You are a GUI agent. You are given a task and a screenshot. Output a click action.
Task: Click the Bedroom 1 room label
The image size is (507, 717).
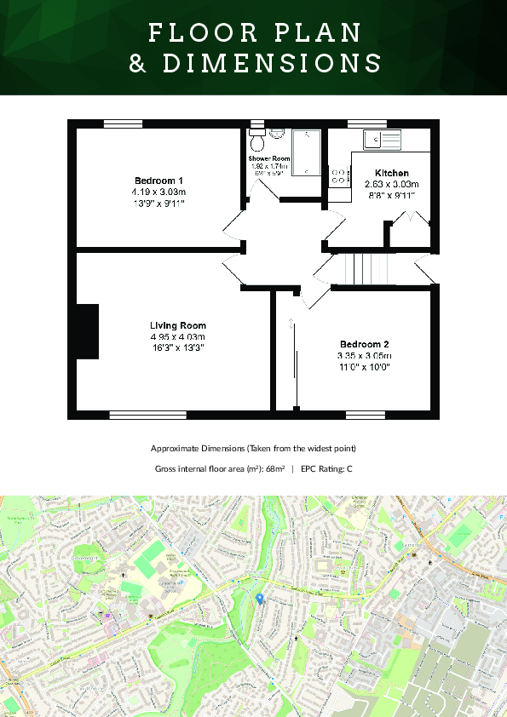(x=158, y=181)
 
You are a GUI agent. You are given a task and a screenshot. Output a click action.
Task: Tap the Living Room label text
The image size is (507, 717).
(x=177, y=325)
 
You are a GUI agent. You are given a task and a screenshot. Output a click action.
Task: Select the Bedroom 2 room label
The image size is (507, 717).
(x=364, y=344)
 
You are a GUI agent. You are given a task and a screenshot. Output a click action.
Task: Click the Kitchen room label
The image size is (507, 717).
(x=391, y=173)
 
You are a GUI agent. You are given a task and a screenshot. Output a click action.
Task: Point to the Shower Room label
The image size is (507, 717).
(x=269, y=159)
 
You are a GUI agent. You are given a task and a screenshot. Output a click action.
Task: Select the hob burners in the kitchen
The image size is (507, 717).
(x=338, y=175)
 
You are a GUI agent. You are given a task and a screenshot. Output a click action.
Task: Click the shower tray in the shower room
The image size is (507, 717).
(x=306, y=152)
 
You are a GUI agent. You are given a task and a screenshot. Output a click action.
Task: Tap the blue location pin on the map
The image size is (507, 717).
(x=260, y=599)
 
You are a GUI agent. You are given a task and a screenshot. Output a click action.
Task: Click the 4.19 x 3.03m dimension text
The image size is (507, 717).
(x=158, y=192)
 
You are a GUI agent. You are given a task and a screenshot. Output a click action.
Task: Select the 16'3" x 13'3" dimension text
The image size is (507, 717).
(x=177, y=347)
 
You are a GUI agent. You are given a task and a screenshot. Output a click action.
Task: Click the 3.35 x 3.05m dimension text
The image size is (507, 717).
(x=364, y=355)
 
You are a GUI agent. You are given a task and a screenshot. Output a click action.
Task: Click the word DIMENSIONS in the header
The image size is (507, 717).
(x=254, y=64)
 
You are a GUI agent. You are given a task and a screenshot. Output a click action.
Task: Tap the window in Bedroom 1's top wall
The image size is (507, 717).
(x=122, y=124)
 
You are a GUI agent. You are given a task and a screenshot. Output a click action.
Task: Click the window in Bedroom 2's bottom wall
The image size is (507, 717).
(x=365, y=415)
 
